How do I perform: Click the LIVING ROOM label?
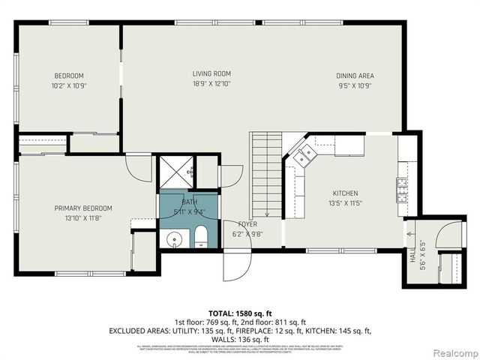click(x=211, y=73)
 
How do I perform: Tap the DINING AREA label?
click(x=355, y=76)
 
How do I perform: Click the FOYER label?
click(x=247, y=223)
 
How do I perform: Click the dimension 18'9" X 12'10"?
click(x=211, y=84)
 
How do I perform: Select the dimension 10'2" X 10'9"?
click(x=68, y=85)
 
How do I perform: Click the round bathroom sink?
click(x=174, y=240)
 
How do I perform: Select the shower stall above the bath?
click(x=175, y=172)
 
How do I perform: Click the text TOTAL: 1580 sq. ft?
click(x=239, y=312)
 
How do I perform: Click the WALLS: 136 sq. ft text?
click(x=239, y=338)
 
